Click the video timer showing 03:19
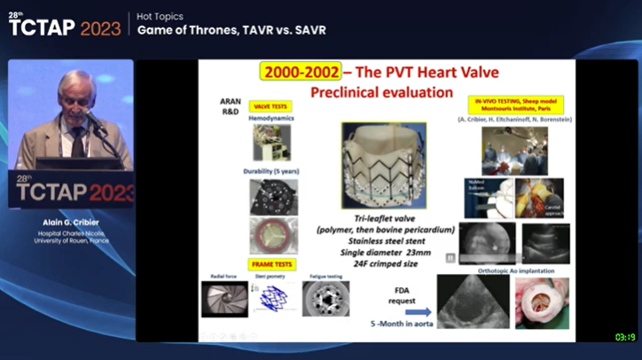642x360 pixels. (x=625, y=337)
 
